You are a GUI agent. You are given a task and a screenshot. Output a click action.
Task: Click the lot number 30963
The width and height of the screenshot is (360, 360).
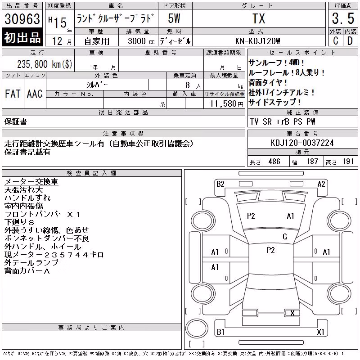[22, 18]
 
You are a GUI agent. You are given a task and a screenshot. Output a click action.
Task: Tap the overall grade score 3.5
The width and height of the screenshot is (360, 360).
[343, 18]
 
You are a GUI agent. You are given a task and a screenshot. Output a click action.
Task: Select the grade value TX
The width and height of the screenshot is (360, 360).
[259, 18]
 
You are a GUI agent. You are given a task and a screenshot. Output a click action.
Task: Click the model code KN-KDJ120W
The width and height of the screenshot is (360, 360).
[257, 41]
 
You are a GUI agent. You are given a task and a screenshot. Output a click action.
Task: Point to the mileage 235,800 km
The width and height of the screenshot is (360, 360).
[45, 64]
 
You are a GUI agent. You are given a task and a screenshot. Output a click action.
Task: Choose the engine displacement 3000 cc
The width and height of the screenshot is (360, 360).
[141, 41]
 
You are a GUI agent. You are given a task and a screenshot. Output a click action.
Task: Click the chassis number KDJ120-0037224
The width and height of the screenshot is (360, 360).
[302, 143]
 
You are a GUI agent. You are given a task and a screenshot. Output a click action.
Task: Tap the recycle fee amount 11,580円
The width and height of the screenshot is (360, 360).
[227, 103]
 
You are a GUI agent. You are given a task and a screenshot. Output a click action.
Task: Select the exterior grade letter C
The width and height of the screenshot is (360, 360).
[336, 40]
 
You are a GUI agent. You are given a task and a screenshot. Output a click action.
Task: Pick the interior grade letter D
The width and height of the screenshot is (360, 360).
[350, 40]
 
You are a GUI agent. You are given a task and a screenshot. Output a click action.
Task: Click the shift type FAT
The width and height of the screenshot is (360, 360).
[13, 94]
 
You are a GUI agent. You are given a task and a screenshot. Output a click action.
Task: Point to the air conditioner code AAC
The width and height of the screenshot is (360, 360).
[35, 94]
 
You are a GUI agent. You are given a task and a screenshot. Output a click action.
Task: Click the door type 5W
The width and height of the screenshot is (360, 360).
[174, 18]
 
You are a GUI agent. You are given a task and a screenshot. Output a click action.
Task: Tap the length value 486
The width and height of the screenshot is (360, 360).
[274, 162]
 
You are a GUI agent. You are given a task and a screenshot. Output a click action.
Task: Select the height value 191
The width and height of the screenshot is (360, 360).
[348, 162]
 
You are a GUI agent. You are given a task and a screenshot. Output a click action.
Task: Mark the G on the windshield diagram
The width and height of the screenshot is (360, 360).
[285, 237]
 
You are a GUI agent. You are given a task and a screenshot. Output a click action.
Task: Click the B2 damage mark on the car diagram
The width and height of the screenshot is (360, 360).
[220, 184]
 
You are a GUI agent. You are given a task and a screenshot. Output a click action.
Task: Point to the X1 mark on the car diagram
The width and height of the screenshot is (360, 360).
[320, 332]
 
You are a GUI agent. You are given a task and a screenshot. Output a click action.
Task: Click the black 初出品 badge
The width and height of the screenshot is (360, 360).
[22, 37]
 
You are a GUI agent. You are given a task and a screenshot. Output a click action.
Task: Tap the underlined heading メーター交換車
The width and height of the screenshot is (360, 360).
[31, 182]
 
